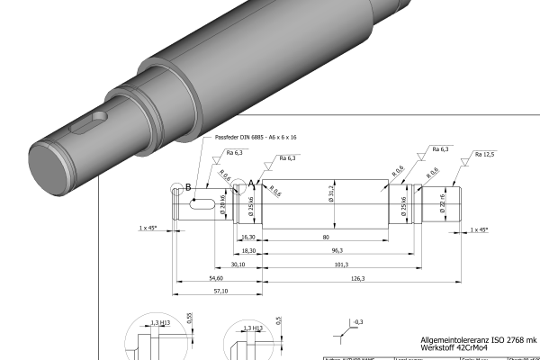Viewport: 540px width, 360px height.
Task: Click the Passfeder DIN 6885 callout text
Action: (256, 138)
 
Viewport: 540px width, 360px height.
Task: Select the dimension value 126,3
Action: (357, 279)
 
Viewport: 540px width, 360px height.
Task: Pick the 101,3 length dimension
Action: (342, 265)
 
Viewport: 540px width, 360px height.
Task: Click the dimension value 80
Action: (324, 237)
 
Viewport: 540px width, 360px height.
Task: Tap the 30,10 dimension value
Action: (213, 265)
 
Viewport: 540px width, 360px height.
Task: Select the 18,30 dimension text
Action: (249, 251)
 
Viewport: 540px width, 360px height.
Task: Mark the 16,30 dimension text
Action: (249, 237)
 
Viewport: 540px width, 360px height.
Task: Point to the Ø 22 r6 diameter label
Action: (442, 200)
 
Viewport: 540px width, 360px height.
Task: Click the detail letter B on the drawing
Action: (188, 187)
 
